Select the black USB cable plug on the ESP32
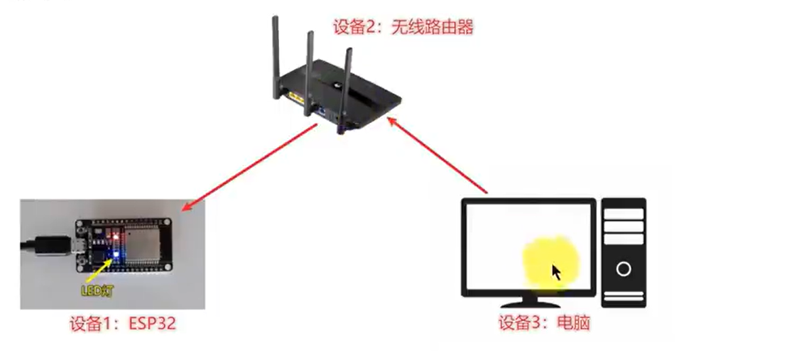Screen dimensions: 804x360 [50, 246]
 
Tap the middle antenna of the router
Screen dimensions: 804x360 [310, 72]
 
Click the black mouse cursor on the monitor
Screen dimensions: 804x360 [556, 273]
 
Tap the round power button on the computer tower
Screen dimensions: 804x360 [623, 270]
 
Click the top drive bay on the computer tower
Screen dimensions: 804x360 [623, 214]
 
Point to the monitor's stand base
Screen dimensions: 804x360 [529, 293]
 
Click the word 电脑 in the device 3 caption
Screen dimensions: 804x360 [573, 324]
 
